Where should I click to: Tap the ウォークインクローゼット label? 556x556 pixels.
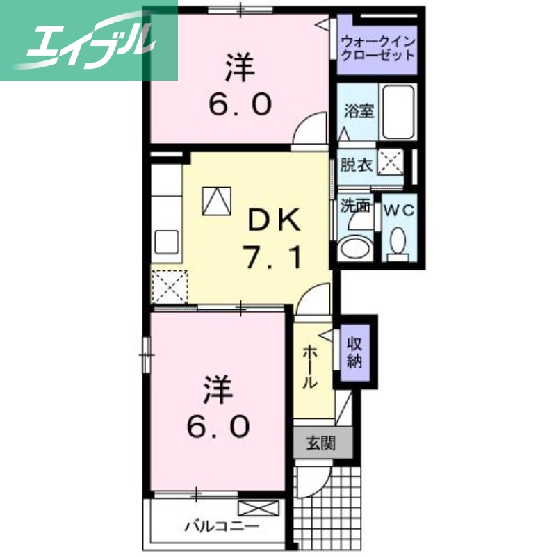tap(377, 47)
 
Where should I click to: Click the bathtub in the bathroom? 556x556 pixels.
tap(399, 111)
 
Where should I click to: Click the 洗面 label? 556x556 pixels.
tap(354, 206)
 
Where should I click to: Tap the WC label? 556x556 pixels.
tap(398, 208)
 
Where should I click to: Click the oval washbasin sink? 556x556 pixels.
tap(356, 247)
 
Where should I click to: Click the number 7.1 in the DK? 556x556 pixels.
tap(273, 259)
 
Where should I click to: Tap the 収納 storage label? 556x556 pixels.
tap(357, 352)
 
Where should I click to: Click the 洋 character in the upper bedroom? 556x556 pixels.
tap(239, 67)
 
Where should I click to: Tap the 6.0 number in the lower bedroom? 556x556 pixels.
tap(217, 425)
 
